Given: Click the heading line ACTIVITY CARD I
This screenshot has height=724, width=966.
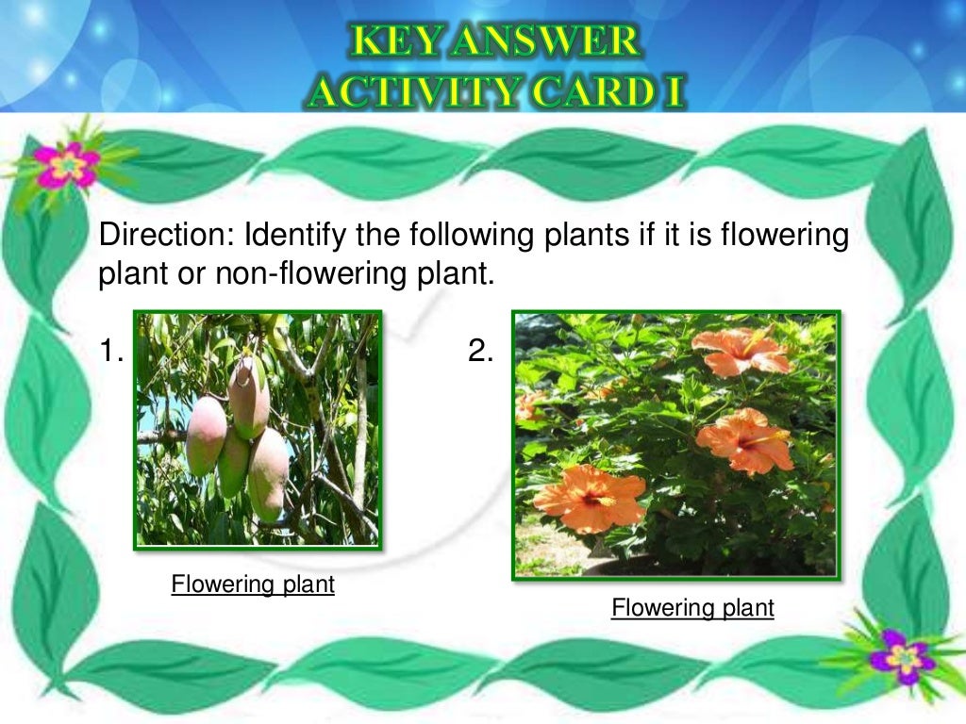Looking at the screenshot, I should click(496, 91).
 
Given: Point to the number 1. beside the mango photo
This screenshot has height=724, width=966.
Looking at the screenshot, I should click(112, 352).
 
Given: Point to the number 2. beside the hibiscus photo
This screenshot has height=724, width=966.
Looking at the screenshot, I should click(480, 352).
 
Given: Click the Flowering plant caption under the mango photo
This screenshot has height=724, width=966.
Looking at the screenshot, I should click(253, 584).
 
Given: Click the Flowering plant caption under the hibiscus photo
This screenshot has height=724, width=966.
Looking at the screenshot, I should click(692, 608).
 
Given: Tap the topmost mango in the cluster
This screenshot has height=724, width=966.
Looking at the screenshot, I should click(249, 396).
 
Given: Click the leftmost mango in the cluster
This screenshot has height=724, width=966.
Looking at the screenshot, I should click(206, 436).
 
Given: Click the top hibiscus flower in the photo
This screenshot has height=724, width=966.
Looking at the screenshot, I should click(741, 351).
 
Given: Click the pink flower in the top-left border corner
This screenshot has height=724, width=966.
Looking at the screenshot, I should click(67, 165).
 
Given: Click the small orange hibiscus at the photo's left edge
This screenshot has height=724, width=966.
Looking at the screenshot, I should click(527, 406).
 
